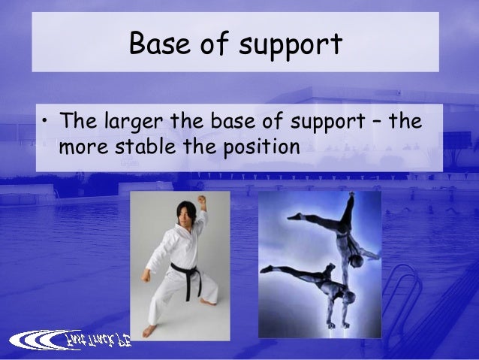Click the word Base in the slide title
[156, 44]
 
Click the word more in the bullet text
[79, 144]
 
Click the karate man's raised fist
[201, 200]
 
